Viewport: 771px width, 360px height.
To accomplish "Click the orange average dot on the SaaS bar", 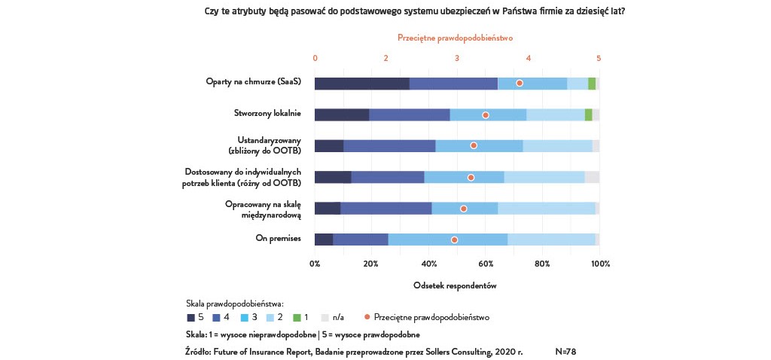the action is click(x=520, y=83).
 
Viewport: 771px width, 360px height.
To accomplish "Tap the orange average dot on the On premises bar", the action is click(x=454, y=239).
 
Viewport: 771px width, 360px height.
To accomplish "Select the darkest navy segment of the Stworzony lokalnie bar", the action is click(x=342, y=114).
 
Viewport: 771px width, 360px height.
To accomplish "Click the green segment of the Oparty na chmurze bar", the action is click(x=592, y=84).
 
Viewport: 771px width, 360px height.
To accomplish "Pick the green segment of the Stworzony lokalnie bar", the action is click(x=589, y=114).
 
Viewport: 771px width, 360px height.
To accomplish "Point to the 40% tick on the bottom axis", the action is click(x=429, y=264).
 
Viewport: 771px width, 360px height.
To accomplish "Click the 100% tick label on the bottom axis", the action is click(x=600, y=264).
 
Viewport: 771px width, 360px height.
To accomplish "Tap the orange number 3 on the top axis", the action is click(x=457, y=58).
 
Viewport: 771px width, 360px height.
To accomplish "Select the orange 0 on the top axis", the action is click(x=315, y=58).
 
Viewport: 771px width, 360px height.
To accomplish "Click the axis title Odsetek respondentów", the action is click(x=455, y=285).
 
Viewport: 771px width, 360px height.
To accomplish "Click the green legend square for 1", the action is click(x=295, y=318).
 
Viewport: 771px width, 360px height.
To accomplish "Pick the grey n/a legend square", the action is click(x=325, y=318).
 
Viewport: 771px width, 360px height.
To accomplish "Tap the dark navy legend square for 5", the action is click(x=190, y=318).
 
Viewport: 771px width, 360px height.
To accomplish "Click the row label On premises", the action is click(x=279, y=239).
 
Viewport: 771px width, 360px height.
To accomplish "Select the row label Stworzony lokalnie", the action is click(x=267, y=114).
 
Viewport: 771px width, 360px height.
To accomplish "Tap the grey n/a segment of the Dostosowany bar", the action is click(x=592, y=177).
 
